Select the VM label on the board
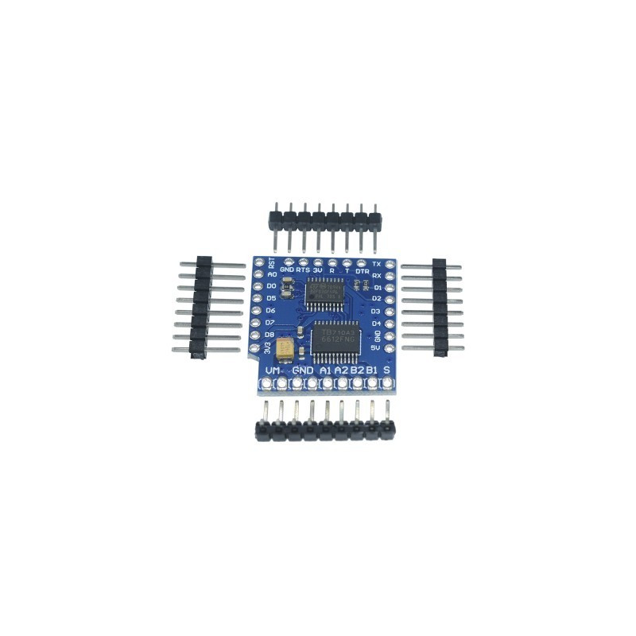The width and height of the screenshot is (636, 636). (273, 370)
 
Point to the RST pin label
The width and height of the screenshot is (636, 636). (272, 263)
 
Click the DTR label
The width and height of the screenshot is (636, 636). (362, 271)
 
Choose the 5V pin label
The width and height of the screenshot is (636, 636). (377, 347)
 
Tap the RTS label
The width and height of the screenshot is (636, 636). (303, 270)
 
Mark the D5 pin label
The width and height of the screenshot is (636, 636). (271, 297)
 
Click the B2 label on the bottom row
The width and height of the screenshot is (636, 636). (356, 370)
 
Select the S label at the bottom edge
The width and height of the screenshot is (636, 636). (386, 370)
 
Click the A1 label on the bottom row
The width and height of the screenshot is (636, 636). (324, 370)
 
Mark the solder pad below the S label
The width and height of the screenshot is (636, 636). (387, 383)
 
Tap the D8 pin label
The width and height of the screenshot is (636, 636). (270, 335)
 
